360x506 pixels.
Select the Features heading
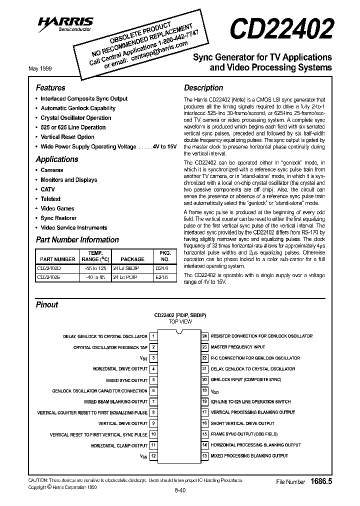coord(50,87)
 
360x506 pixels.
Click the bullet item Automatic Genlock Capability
coord(78,108)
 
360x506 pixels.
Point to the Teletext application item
coord(50,199)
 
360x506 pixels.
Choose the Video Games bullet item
coord(57,208)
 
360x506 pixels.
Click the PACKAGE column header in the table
coord(132,259)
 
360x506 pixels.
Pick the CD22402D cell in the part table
coord(48,268)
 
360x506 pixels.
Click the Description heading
coord(203,87)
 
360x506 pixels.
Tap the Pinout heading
coord(47,304)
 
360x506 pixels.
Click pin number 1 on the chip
coord(153,336)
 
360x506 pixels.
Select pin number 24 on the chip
coord(204,336)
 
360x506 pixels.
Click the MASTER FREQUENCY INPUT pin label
coord(237,347)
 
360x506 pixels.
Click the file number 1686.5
coord(321,481)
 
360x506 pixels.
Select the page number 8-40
coord(180,490)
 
